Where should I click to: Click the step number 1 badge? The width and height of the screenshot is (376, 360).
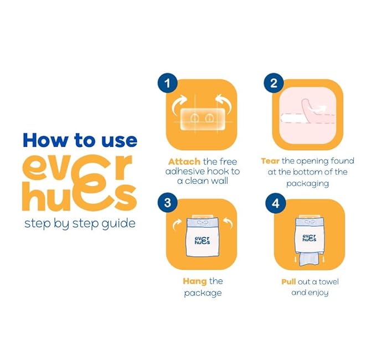pos(167,83)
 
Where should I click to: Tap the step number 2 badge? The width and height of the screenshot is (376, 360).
pos(274,83)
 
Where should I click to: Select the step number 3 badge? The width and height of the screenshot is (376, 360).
pos(167,203)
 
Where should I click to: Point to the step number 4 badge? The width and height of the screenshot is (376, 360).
pos(275,203)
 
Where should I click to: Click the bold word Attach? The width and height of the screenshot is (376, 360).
pos(184,162)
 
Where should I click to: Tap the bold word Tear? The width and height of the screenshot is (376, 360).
pos(270,161)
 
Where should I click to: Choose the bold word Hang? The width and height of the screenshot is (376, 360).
pos(195,281)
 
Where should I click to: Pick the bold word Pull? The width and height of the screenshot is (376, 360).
pos(289,281)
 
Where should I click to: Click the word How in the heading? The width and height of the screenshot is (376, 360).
pos(45,140)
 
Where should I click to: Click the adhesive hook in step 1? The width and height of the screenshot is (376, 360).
pos(203,119)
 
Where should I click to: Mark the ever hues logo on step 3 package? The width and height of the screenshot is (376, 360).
pos(202,240)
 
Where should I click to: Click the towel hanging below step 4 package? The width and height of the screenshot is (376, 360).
pos(308,260)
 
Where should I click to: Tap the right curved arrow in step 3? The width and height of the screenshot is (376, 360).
pos(228,224)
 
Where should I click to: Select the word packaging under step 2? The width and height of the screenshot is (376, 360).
pos(308,184)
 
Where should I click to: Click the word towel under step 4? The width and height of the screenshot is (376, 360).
pos(328,281)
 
